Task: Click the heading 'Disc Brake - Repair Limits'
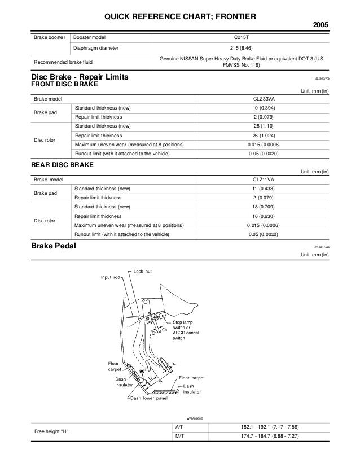[81, 77]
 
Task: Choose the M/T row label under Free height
[178, 436]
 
